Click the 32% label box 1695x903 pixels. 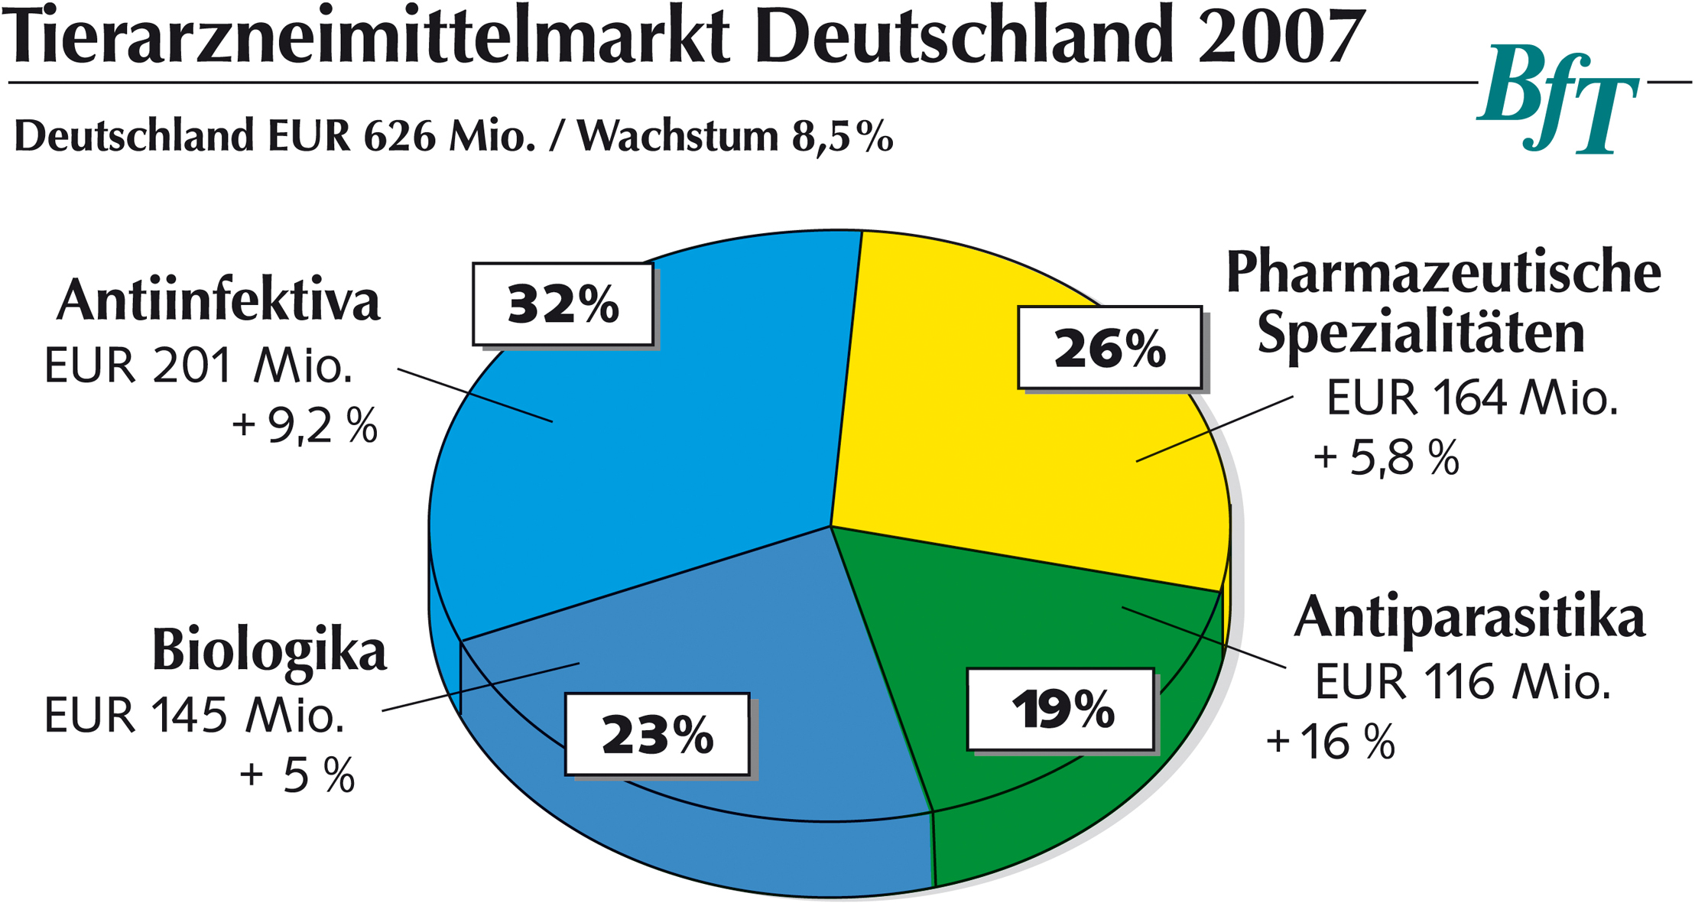[x=563, y=304]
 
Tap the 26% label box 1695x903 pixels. [x=1109, y=348]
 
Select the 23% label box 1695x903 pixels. [x=657, y=734]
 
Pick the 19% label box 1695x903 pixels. [x=1060, y=710]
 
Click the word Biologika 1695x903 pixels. [x=269, y=651]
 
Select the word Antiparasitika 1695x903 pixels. [x=1469, y=617]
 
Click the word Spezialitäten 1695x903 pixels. [x=1421, y=333]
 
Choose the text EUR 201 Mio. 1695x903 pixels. [x=198, y=366]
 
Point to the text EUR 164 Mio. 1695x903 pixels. [x=1472, y=398]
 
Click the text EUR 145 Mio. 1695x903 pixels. [x=194, y=716]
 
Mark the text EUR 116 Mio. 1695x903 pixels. [x=1463, y=681]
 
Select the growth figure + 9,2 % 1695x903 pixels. [x=304, y=426]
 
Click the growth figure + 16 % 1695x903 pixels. [x=1330, y=741]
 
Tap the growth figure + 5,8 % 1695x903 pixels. [x=1386, y=458]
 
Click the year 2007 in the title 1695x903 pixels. [x=1281, y=36]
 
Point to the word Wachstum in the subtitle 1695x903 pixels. [x=677, y=137]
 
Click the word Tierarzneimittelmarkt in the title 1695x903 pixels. [x=367, y=36]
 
